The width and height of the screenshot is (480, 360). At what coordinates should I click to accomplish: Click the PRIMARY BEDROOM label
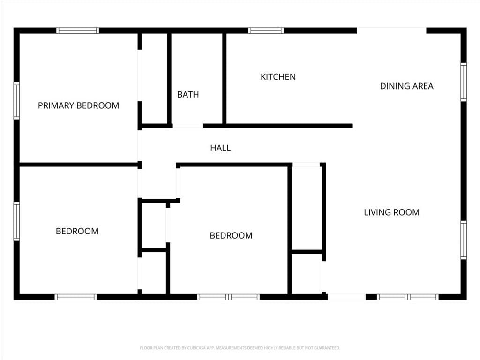pos(78,105)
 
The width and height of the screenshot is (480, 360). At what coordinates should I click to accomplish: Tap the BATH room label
pos(188,95)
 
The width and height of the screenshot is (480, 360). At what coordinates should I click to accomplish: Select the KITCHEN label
pos(278,77)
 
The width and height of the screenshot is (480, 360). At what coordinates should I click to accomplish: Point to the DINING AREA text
pos(406,86)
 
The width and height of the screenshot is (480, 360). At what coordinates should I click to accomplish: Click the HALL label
pos(220,148)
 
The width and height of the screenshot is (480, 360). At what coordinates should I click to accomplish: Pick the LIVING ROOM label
pos(391,212)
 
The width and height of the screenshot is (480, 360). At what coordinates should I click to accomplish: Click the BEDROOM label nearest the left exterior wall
pos(77,231)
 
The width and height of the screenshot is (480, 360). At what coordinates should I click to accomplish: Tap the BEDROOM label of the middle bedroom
pos(231,235)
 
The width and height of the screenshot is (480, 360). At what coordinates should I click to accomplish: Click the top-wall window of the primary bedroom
pos(77,30)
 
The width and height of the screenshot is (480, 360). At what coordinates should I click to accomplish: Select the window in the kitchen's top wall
pos(266,30)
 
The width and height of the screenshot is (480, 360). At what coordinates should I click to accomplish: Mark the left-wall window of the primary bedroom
pos(16,101)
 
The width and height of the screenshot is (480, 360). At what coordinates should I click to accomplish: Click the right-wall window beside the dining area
pos(464,82)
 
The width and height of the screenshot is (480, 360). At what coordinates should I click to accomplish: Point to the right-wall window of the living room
pos(464,240)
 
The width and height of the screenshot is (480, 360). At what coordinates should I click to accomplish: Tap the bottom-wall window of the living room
pos(407,297)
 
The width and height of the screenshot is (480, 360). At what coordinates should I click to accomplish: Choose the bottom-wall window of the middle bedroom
pos(228,297)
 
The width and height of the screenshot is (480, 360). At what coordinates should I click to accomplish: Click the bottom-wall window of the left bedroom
pos(75,297)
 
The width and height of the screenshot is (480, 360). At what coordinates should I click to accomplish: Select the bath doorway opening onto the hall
pos(188,126)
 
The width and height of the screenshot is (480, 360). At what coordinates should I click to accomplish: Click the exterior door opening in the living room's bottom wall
pos(346,297)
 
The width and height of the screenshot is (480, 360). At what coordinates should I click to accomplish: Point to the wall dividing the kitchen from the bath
pos(225,79)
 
